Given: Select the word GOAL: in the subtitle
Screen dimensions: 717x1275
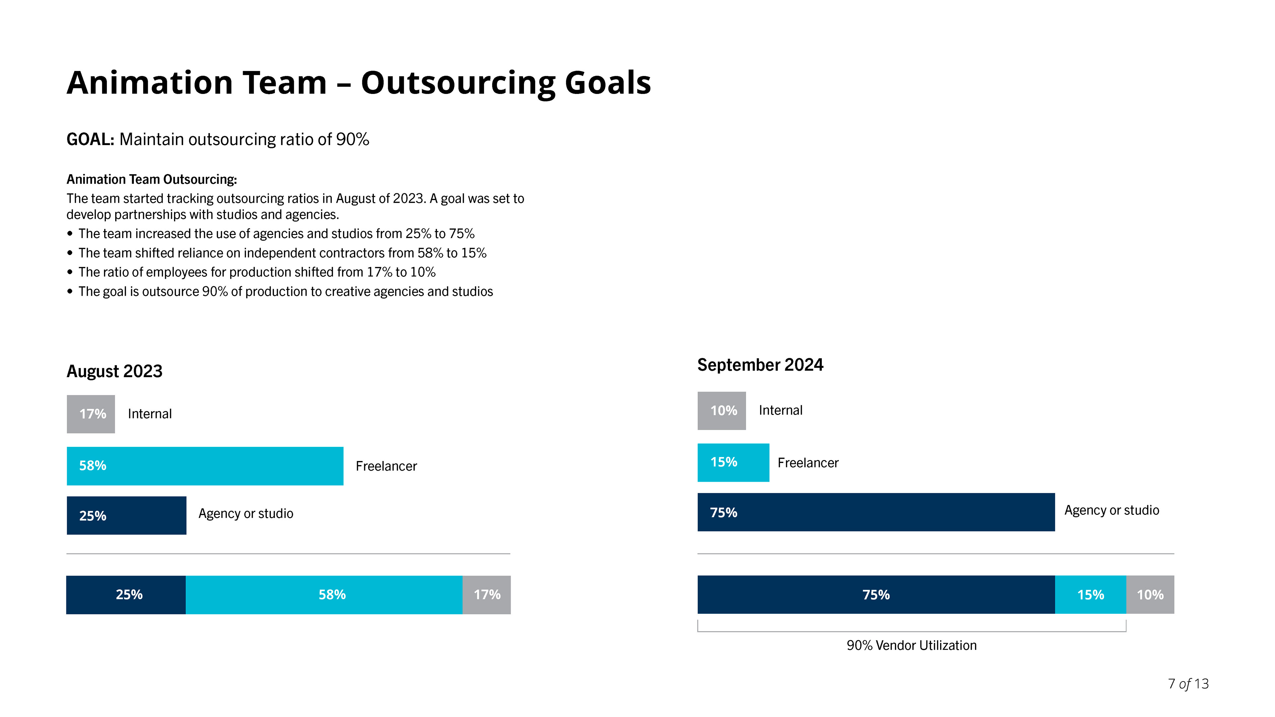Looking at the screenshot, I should click(x=90, y=139).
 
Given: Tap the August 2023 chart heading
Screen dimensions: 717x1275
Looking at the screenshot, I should click(x=114, y=371).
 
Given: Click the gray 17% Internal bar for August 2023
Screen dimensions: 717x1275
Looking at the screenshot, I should click(x=91, y=414).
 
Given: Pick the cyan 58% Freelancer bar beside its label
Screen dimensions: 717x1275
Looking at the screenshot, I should click(x=205, y=466).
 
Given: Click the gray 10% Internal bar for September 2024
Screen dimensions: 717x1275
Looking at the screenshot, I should click(x=721, y=411).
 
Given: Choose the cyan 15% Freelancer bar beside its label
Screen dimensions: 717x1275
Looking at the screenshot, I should click(x=733, y=462).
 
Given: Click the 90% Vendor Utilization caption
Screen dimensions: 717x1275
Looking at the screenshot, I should click(x=911, y=645).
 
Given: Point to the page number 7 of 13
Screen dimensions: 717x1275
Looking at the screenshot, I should click(x=1188, y=683).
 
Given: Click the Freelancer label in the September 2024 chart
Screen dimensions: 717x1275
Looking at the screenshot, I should click(x=808, y=463).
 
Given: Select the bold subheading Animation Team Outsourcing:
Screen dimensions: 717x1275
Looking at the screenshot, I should click(x=151, y=179).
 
